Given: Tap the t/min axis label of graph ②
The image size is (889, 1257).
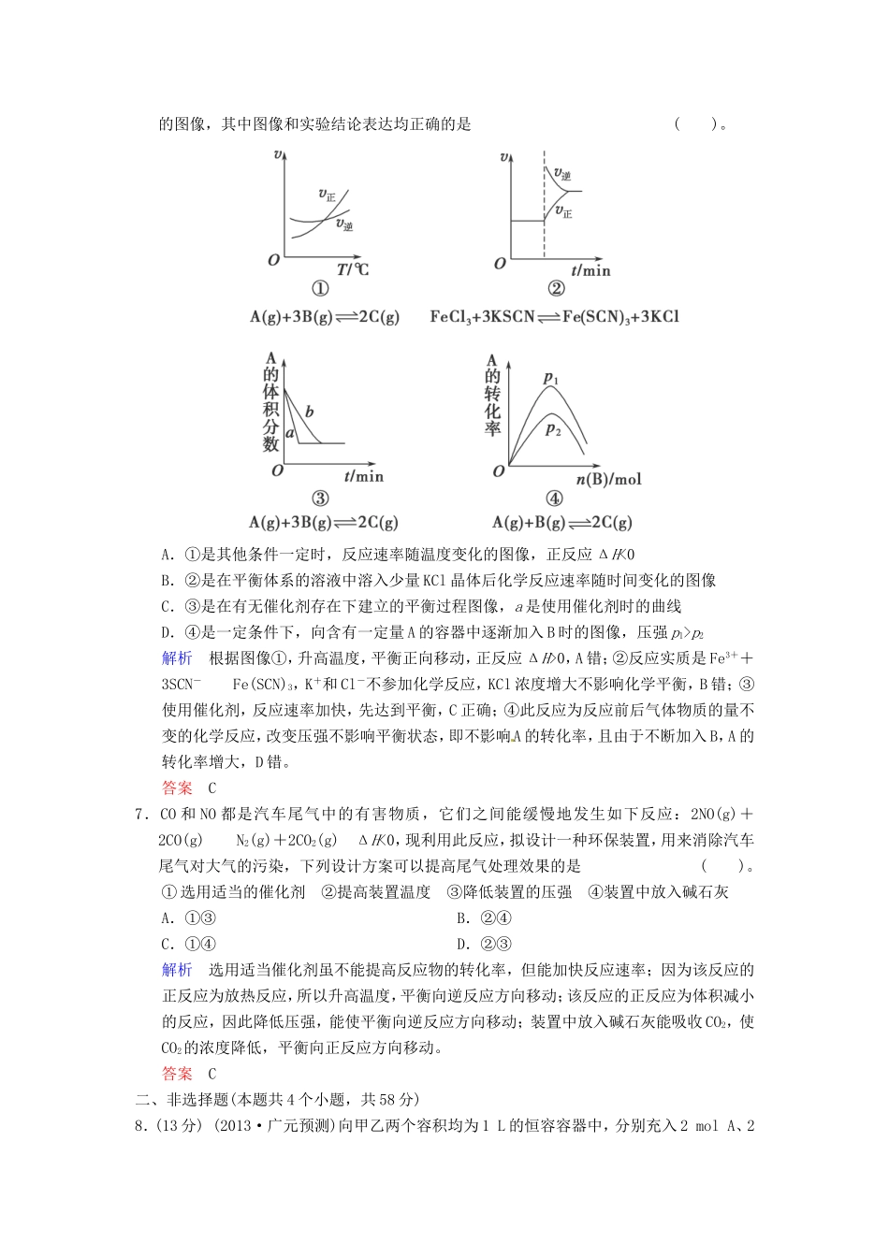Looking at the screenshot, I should point(590,270).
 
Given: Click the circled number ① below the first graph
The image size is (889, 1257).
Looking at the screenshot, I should point(319,290).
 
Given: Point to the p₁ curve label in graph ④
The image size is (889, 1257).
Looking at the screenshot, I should point(551,379).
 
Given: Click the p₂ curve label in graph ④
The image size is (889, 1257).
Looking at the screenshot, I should point(553,429).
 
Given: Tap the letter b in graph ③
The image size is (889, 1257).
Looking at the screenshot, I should point(310,412).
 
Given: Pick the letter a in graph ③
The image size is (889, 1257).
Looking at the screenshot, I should point(290,433).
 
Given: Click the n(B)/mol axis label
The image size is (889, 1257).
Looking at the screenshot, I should point(608,479).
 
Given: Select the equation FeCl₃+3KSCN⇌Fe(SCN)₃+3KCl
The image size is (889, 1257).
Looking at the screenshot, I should point(554,316).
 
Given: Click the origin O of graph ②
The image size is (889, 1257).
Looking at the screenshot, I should point(500,264).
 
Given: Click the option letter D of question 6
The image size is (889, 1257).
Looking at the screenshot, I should point(167,632).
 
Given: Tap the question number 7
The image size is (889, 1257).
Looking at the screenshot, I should point(140,814).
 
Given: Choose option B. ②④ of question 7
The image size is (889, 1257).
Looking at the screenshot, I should point(484,918).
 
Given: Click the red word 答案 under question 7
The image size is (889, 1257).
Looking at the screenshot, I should point(177,1074).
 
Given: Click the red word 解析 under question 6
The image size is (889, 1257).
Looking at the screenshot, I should point(177,657).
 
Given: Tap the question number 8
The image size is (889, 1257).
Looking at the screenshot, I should point(140,1126).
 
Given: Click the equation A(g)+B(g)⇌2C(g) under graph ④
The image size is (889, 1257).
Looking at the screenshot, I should point(562,522).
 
